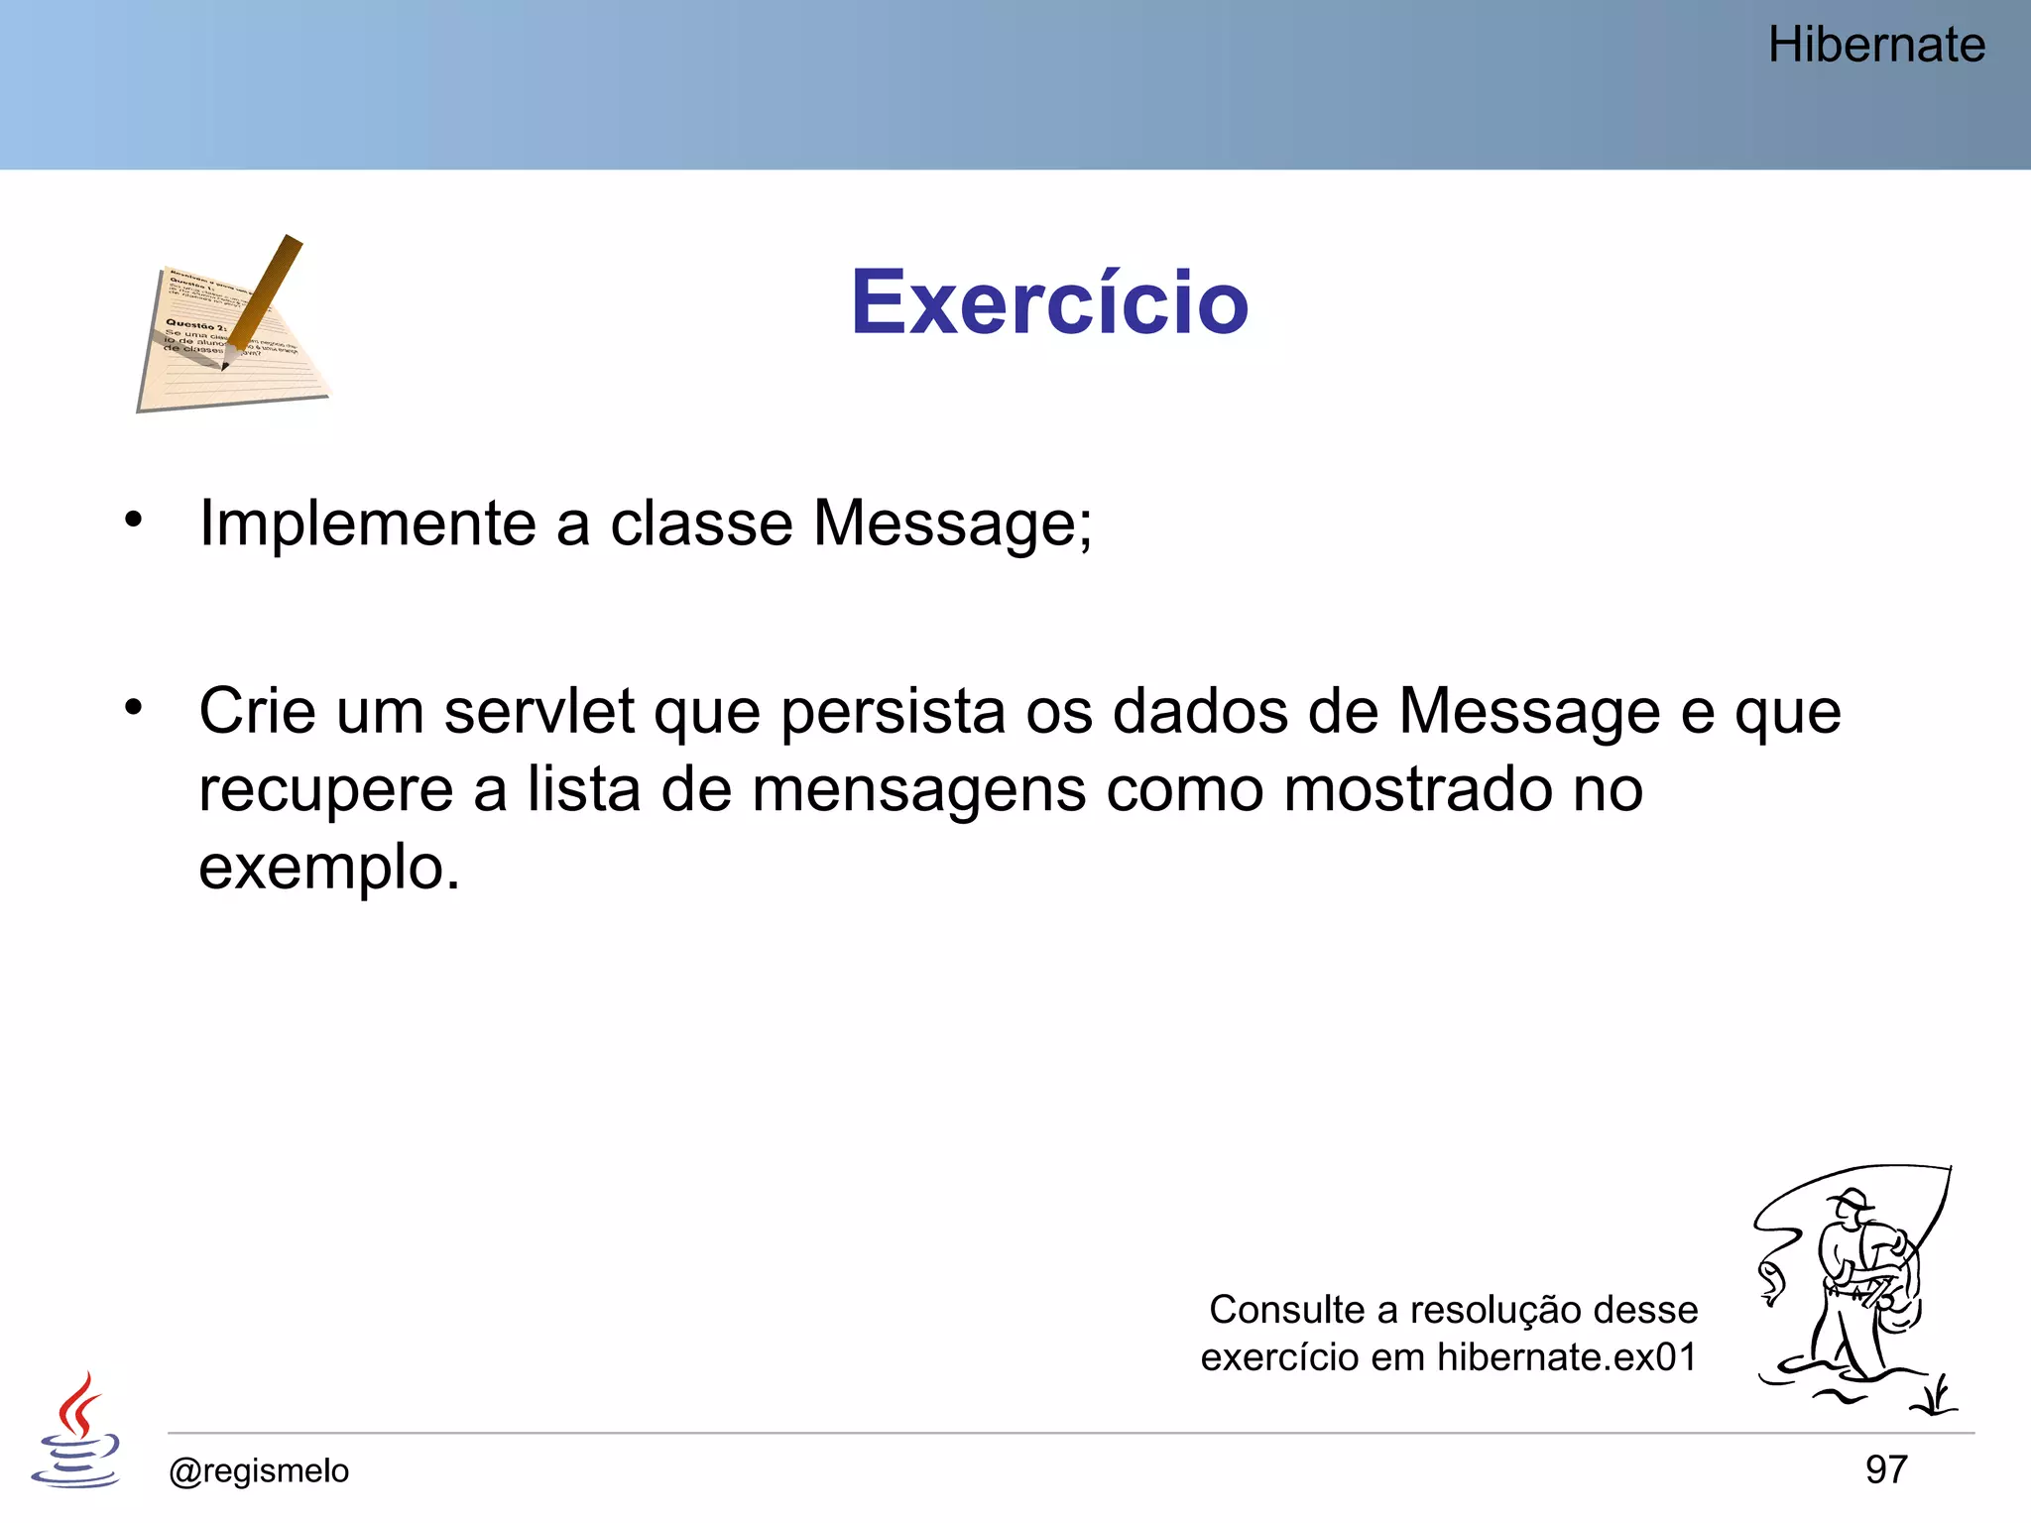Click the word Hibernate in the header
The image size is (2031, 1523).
pos(1876,46)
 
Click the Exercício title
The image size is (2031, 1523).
pos(1049,302)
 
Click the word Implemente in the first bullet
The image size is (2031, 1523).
pos(367,524)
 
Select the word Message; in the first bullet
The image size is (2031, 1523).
pos(952,524)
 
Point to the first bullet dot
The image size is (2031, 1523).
pos(134,519)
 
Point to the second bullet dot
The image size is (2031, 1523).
pos(134,707)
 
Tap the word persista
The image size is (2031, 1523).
pos(893,712)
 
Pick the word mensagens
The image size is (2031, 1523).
pos(918,790)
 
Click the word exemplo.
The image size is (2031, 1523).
pos(327,869)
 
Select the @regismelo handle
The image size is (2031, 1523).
pos(259,1470)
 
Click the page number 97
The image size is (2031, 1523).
pos(1885,1469)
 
